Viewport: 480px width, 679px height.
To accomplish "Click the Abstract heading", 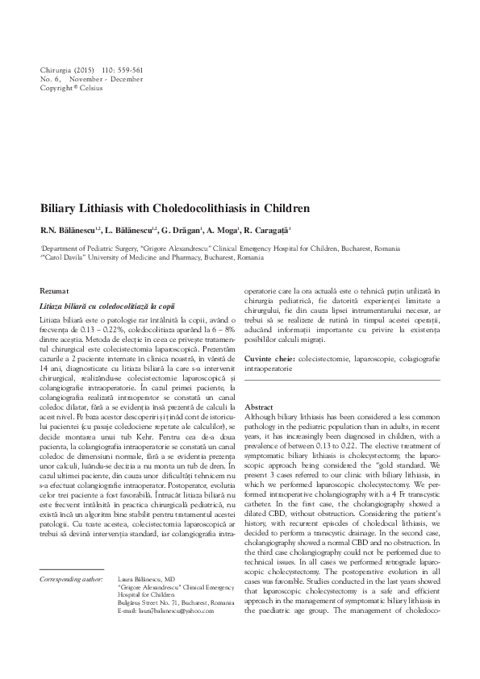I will point(259,407).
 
